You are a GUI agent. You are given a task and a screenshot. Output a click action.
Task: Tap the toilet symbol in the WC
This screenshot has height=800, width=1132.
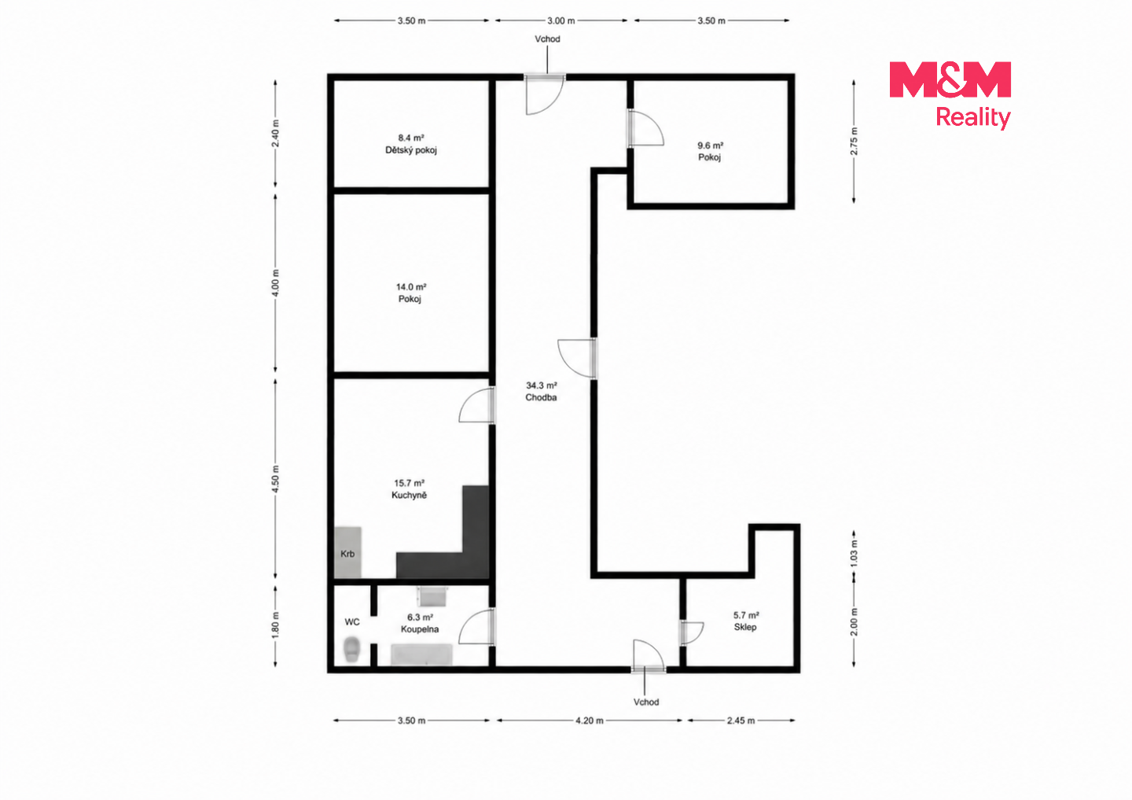tap(351, 649)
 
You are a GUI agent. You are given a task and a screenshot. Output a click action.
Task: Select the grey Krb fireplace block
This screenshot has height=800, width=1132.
tap(347, 553)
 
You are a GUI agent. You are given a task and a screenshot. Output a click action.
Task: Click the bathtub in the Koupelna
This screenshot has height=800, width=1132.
tap(421, 654)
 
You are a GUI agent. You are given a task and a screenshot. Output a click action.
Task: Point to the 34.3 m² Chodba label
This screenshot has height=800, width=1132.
tap(541, 392)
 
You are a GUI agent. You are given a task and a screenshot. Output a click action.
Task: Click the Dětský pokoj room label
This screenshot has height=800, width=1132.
tap(411, 144)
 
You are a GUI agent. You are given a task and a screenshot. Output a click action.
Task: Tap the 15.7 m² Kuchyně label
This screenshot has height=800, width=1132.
tap(410, 489)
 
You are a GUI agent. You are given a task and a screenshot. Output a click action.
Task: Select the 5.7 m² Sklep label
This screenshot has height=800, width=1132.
tap(746, 621)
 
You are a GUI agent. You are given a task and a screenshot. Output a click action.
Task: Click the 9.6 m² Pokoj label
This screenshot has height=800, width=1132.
tap(710, 151)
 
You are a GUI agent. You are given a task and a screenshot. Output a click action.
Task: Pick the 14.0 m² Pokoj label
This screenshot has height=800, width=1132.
tap(410, 293)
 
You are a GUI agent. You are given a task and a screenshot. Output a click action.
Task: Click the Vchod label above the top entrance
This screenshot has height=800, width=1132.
tap(547, 39)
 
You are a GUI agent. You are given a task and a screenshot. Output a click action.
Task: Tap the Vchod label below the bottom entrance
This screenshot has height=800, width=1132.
tap(646, 702)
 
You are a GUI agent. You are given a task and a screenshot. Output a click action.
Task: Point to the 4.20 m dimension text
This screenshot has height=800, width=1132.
tap(590, 721)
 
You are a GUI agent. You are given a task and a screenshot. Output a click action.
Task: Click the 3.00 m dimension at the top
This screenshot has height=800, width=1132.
tap(561, 20)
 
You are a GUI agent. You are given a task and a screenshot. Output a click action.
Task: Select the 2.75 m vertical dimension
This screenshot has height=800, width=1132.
tap(854, 141)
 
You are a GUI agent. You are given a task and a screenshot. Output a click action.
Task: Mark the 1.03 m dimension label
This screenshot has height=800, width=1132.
tap(854, 553)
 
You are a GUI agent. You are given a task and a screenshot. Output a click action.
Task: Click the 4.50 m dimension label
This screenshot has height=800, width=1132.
tap(275, 478)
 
